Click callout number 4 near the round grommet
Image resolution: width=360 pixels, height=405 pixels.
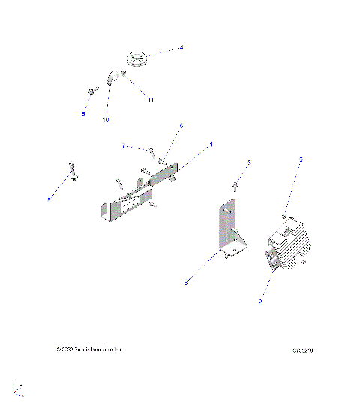pyautogui.click(x=181, y=48)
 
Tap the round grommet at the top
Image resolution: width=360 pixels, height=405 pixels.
pyautogui.click(x=136, y=58)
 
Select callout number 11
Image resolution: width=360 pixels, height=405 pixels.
pyautogui.click(x=149, y=99)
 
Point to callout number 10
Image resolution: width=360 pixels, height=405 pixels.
pyautogui.click(x=105, y=120)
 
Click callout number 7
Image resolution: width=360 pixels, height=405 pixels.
pyautogui.click(x=124, y=146)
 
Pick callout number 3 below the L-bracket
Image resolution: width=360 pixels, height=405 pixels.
pyautogui.click(x=185, y=282)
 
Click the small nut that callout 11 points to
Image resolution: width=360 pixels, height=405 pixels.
pyautogui.click(x=124, y=74)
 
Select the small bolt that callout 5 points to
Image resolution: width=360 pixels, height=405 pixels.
pyautogui.click(x=91, y=91)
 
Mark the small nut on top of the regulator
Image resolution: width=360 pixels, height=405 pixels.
pyautogui.click(x=283, y=216)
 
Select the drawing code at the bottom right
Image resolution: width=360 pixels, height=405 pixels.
pyautogui.click(x=303, y=350)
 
